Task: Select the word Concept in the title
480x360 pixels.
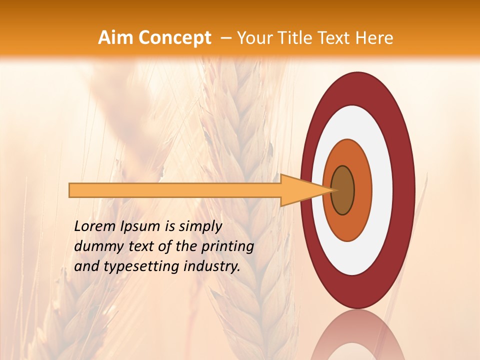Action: point(175,38)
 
